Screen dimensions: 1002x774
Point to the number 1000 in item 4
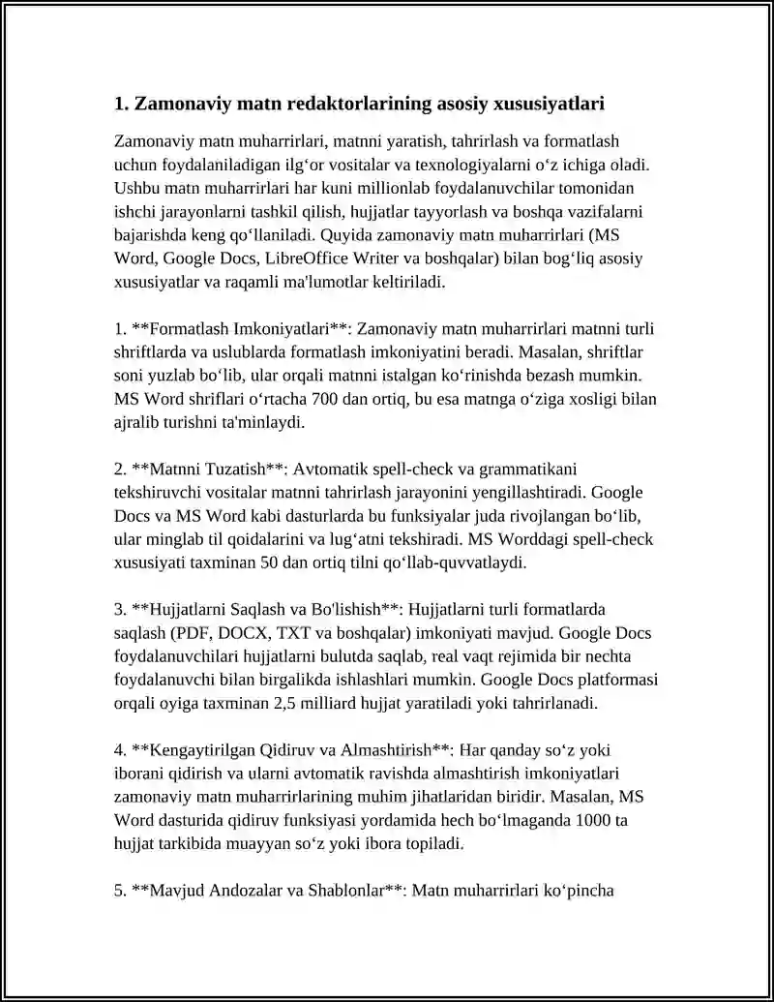click(x=585, y=819)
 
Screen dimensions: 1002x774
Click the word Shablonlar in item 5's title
click(x=342, y=890)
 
